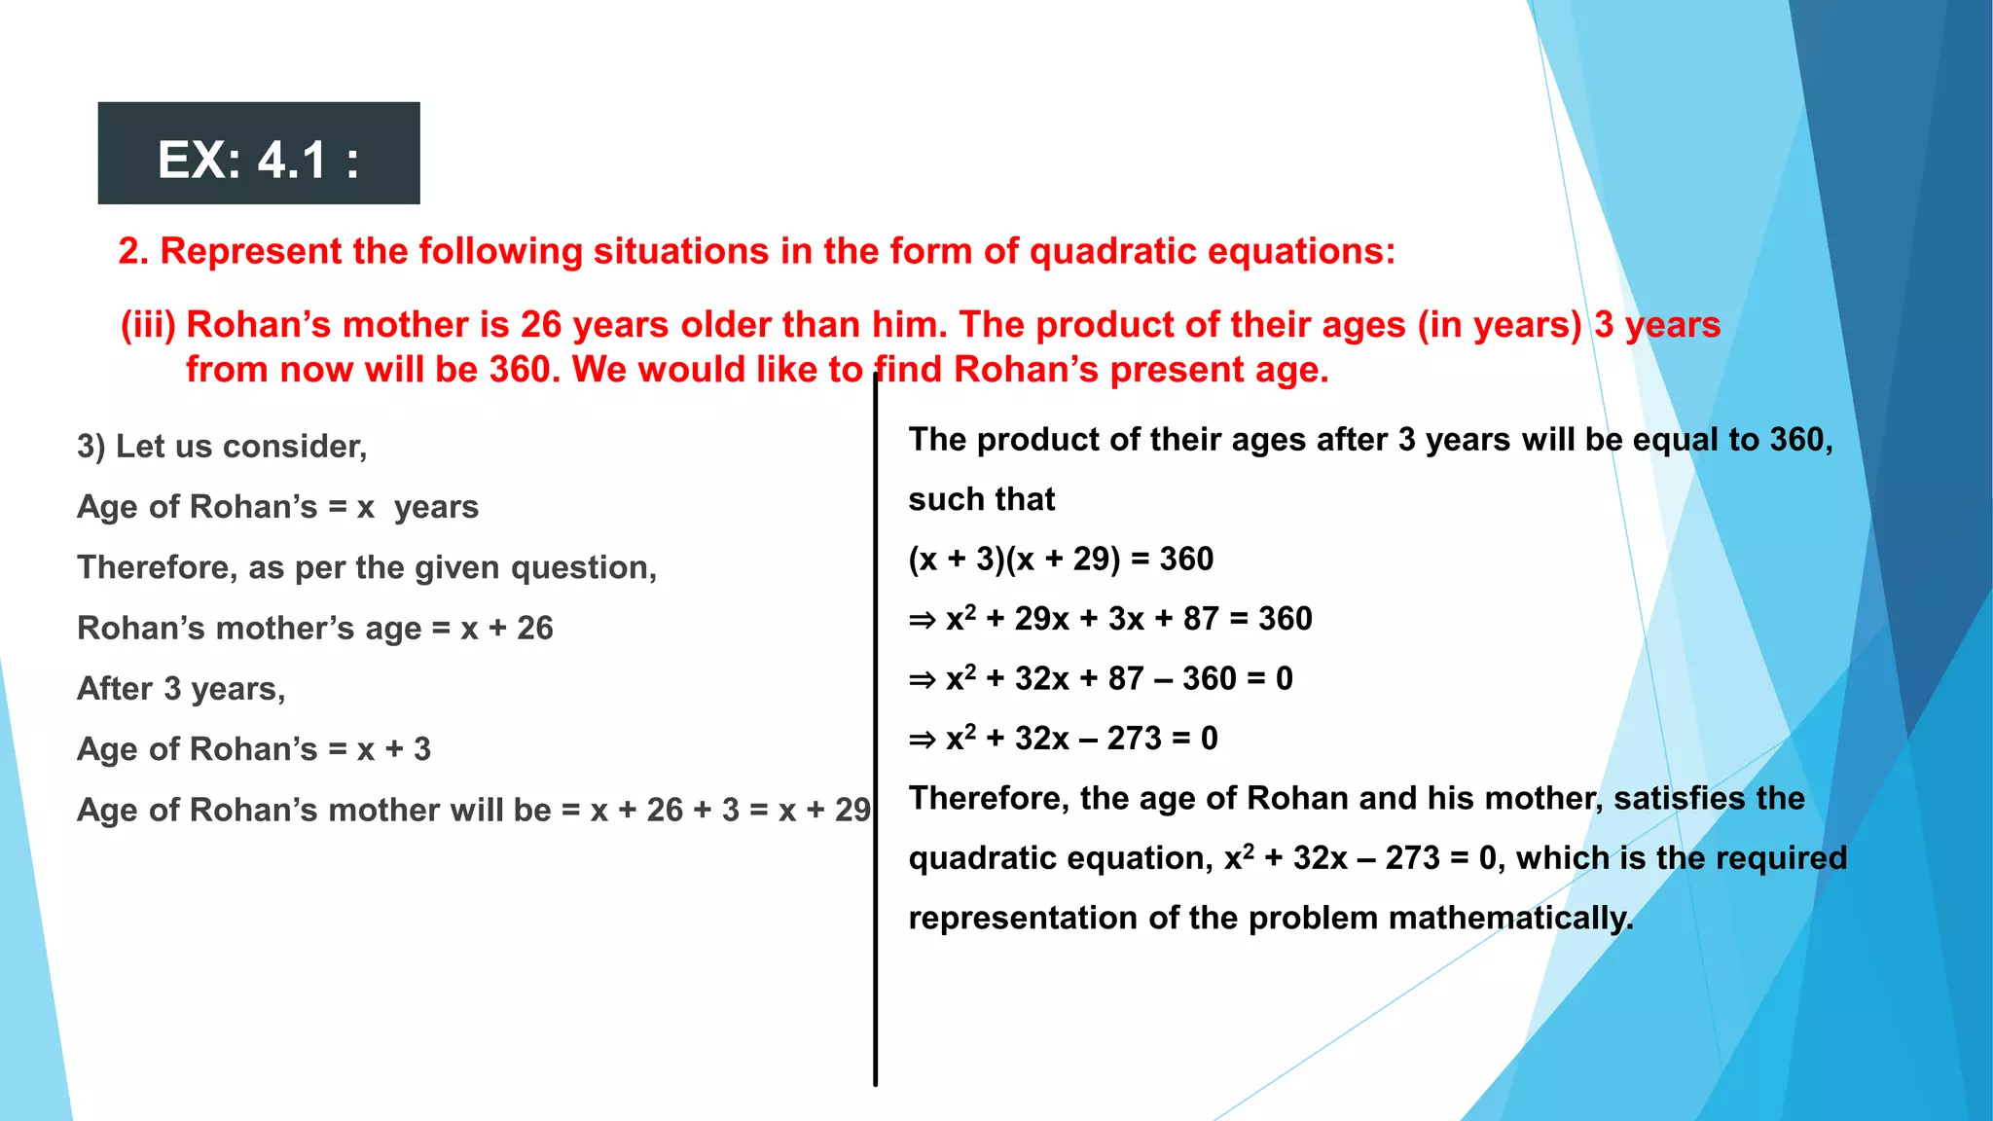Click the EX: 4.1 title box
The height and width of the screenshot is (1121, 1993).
(x=258, y=154)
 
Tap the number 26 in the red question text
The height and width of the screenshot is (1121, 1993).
(x=541, y=325)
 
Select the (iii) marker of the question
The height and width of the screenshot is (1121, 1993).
(x=148, y=325)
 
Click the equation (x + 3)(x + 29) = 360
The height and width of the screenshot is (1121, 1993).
(x=1061, y=559)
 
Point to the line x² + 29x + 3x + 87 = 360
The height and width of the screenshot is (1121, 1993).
(x=1109, y=619)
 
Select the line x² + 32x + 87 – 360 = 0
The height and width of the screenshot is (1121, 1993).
(x=1100, y=678)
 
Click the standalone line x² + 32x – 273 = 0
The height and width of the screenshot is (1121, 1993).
(x=1063, y=739)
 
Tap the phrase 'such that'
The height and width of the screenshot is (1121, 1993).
(x=981, y=499)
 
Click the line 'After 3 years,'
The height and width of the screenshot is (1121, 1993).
(x=181, y=689)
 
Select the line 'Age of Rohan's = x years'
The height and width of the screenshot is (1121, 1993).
(x=277, y=507)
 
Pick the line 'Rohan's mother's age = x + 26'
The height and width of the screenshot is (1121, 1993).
(x=314, y=629)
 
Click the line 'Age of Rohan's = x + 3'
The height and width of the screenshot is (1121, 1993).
(x=253, y=749)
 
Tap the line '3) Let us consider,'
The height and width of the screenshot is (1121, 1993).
(x=222, y=447)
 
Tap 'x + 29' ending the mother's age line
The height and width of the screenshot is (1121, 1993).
(x=824, y=810)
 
